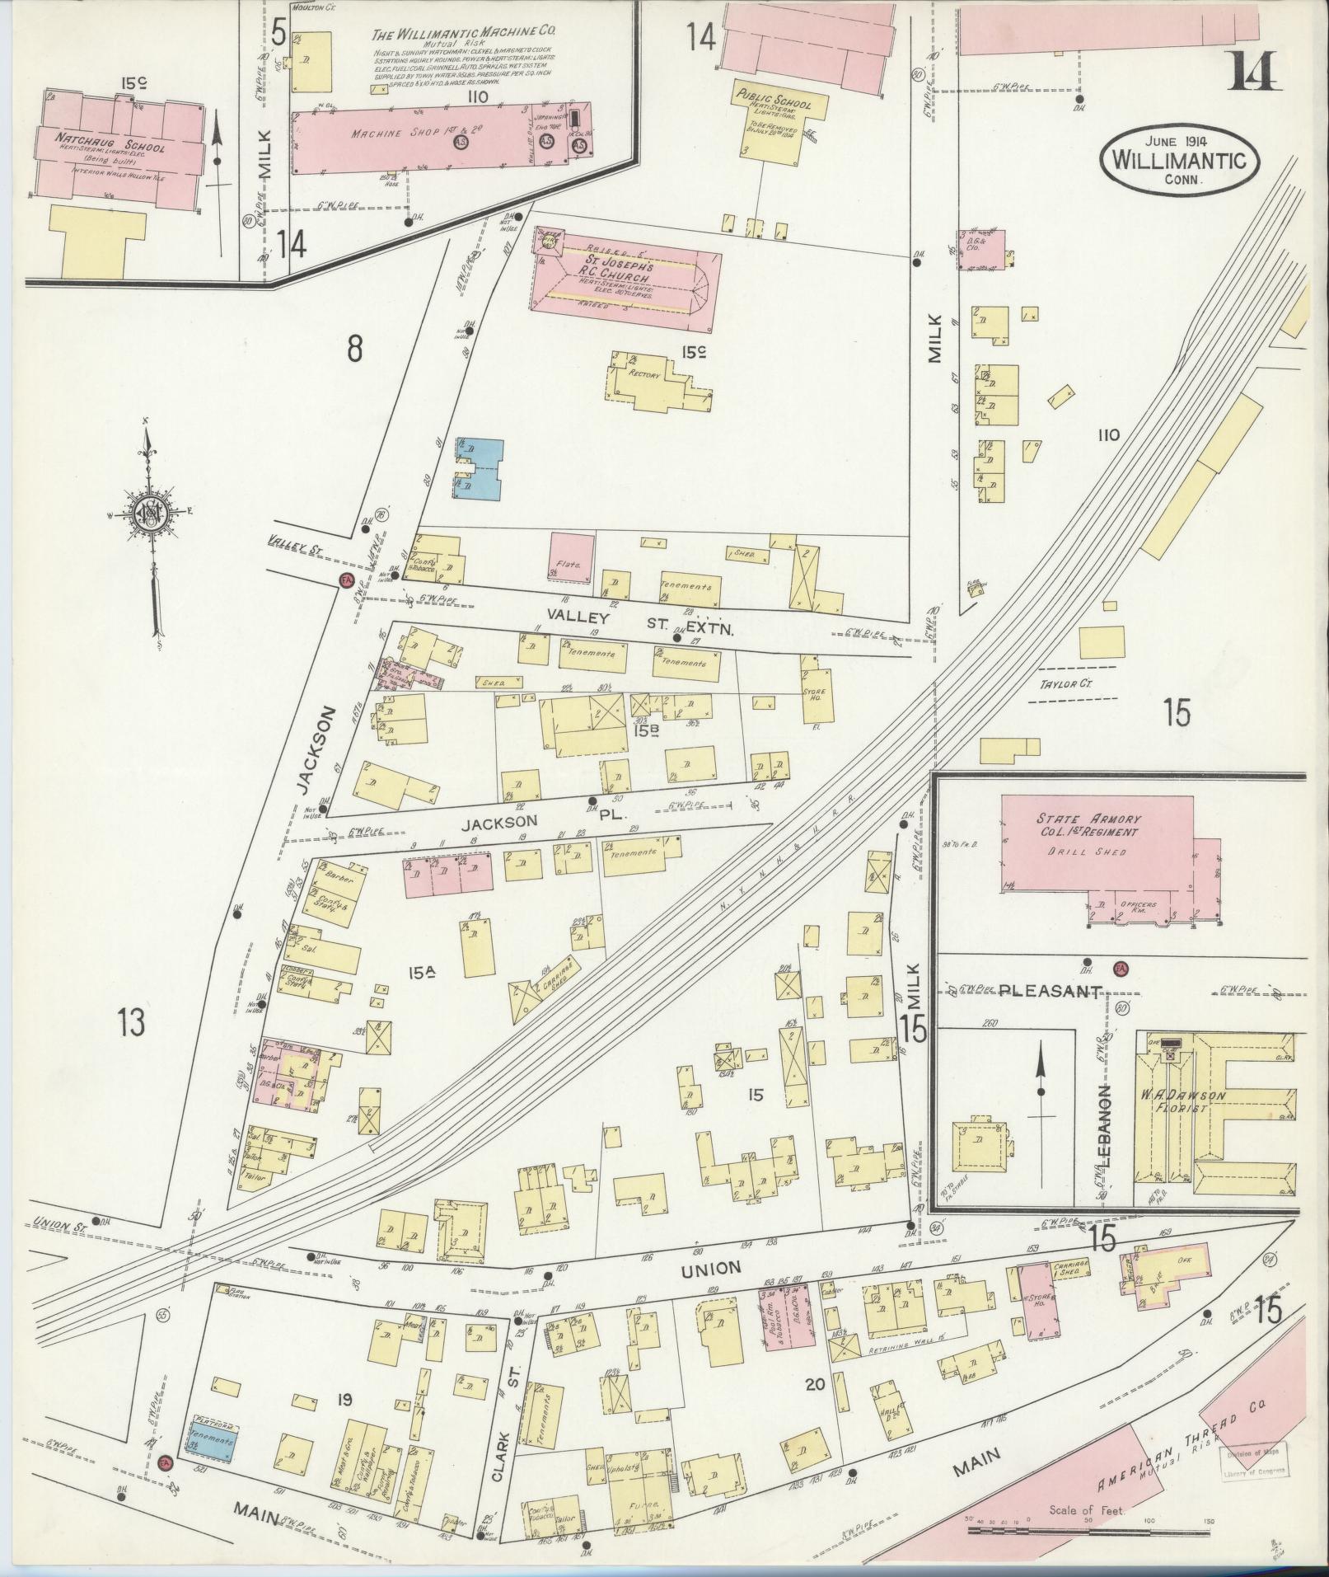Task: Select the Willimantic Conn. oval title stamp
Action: tap(1178, 160)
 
